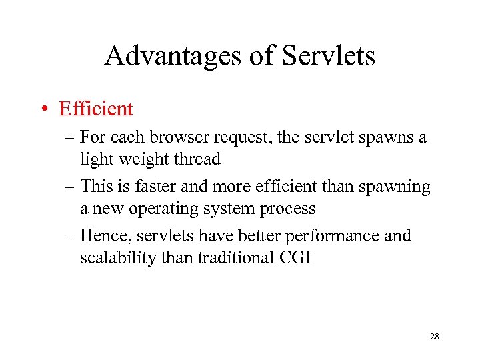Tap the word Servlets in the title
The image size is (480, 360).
[329, 56]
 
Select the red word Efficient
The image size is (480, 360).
[96, 108]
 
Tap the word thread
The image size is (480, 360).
[197, 159]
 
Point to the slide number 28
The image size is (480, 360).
[435, 337]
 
